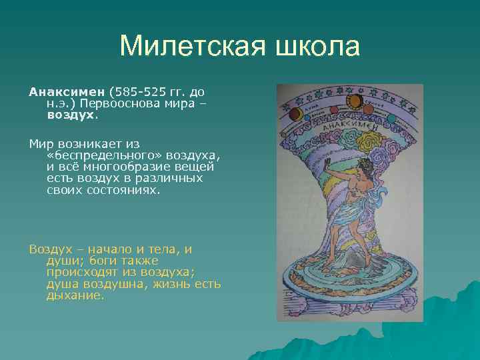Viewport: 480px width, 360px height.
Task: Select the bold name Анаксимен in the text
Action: [x=67, y=90]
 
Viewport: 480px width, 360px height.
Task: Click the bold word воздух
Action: [x=71, y=114]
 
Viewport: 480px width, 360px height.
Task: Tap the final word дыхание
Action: [x=75, y=295]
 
